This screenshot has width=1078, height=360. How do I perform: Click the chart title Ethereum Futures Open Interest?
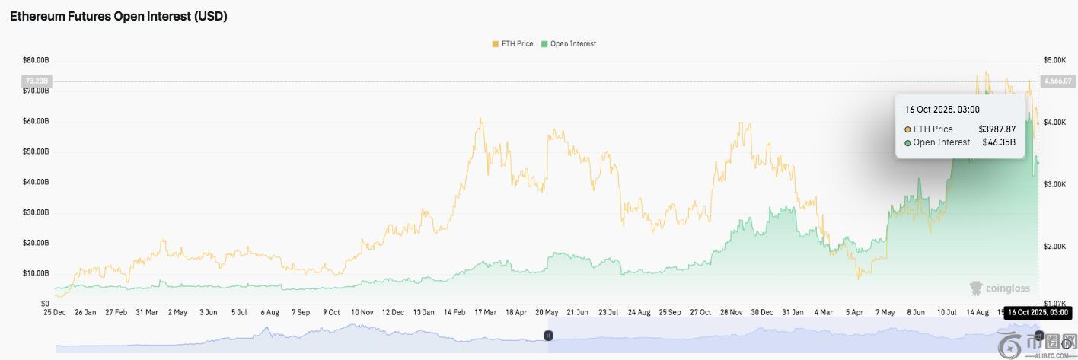tap(119, 17)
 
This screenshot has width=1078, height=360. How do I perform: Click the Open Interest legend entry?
tap(569, 44)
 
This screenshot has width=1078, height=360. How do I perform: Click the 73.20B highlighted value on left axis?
tap(37, 81)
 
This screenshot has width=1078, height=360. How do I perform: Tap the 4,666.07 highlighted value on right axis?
tap(1057, 81)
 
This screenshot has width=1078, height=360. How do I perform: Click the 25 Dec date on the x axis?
tap(55, 312)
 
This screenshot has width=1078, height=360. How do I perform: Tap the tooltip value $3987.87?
tap(997, 129)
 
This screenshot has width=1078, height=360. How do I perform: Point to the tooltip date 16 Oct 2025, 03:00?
tap(942, 110)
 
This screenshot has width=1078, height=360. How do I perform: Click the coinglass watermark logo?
tap(999, 288)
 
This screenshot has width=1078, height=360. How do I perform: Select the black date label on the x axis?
tap(1038, 312)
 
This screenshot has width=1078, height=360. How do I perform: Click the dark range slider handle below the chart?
tap(547, 336)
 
